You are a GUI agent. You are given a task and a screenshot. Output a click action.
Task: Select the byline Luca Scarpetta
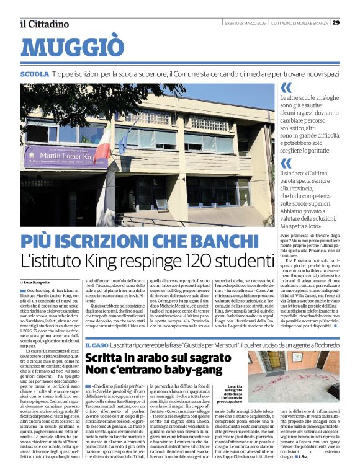[x=38, y=282]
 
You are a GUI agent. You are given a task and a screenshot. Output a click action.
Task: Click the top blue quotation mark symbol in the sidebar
[x=286, y=88]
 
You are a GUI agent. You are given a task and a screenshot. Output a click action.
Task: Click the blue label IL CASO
[x=96, y=344]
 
